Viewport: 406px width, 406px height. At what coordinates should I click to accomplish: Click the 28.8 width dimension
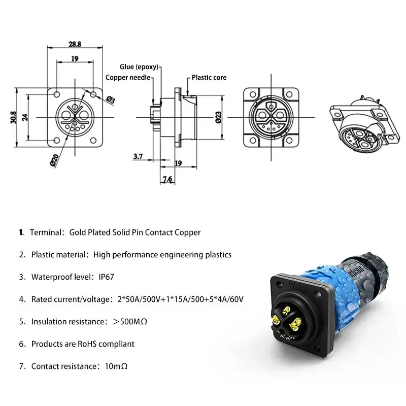coord(75,45)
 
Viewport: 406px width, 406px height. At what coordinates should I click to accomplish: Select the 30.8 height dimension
coord(13,117)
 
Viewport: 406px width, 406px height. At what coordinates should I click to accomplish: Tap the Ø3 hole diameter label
coord(110,99)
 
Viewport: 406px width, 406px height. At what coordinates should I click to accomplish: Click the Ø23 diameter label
coord(218,118)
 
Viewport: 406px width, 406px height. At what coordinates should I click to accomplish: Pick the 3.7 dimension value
coord(138,157)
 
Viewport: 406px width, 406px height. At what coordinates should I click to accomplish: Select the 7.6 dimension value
coord(167,179)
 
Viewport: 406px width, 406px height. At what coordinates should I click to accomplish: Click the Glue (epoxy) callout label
coord(139,66)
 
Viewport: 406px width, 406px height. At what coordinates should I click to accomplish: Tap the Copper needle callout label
coord(128,77)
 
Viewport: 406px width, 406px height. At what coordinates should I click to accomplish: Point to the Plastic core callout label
coord(209,78)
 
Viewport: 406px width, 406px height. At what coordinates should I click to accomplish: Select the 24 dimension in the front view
coord(25,117)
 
